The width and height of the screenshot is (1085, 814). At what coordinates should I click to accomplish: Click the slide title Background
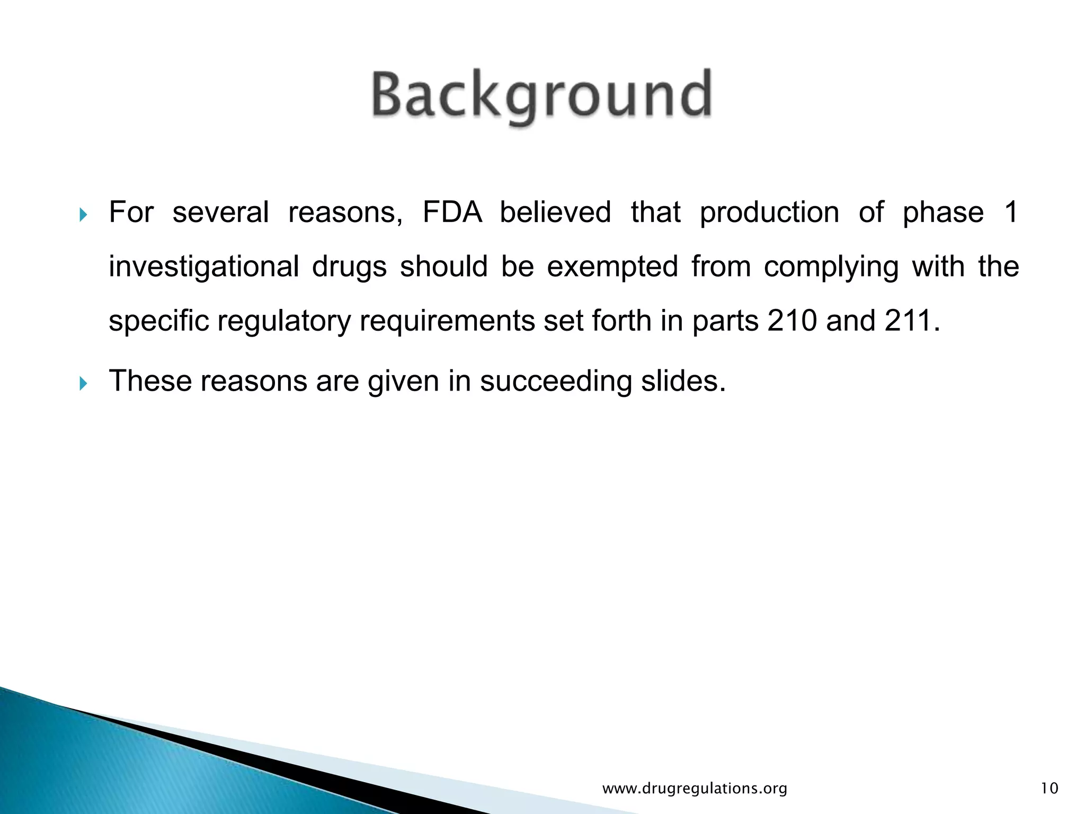point(541,95)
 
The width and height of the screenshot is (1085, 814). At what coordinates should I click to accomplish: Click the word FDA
point(452,213)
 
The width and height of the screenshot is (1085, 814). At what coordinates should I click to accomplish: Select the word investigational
point(204,267)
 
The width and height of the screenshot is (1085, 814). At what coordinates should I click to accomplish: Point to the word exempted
point(612,267)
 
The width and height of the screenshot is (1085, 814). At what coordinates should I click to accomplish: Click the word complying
point(831,267)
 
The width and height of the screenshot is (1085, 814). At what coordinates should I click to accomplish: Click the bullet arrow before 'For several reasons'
point(83,215)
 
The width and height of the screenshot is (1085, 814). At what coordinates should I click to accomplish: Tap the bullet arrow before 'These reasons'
point(83,383)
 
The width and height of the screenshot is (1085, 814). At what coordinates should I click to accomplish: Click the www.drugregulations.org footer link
point(695,789)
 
